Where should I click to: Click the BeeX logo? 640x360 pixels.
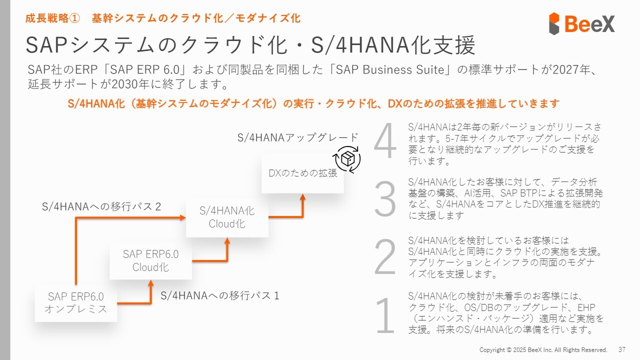pos(581,23)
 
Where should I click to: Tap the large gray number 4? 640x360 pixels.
pos(385,143)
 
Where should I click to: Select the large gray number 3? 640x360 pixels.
pos(385,199)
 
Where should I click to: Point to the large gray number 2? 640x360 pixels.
pos(385,257)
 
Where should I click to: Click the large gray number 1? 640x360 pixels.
pos(385,316)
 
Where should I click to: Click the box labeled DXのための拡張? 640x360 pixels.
pos(302,173)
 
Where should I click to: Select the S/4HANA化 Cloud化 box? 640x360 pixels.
pos(227,217)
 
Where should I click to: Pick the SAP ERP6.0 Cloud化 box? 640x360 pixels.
pos(150,260)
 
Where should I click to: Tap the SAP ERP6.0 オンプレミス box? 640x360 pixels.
pos(75,302)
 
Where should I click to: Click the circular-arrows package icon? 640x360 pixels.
pos(347,159)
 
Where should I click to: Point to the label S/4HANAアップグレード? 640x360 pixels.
pos(298,137)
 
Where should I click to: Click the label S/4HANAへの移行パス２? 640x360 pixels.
pos(102,206)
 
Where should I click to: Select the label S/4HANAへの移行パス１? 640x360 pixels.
pos(220,295)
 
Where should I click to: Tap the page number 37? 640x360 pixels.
pos(622,349)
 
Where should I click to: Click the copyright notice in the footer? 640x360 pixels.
pos(543,349)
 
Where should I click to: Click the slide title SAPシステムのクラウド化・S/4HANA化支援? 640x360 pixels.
pos(250,45)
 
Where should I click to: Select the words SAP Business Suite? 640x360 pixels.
pos(390,69)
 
